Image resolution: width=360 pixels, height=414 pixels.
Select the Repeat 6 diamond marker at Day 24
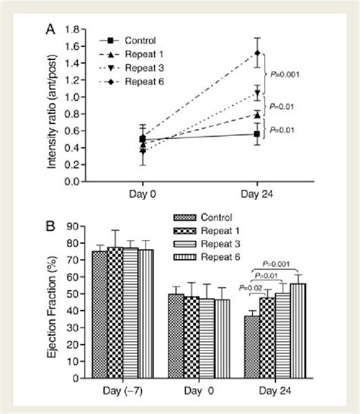coord(257,53)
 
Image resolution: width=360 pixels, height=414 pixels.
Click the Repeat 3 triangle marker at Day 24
coord(257,93)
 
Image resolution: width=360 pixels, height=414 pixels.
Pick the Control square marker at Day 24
coord(257,134)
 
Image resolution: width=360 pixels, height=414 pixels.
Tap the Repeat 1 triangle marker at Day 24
coord(257,114)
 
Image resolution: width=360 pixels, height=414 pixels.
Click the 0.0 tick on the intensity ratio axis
coord(74,182)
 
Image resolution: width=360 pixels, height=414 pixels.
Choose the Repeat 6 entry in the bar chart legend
coord(220,259)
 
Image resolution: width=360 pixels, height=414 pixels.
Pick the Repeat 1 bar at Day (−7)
coord(115,312)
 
